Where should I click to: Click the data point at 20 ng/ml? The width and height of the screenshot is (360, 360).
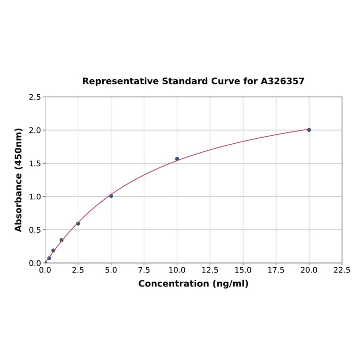pos(309,130)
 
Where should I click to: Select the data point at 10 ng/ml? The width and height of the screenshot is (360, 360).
pos(177,159)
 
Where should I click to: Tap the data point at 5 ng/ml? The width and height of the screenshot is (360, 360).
pos(111,196)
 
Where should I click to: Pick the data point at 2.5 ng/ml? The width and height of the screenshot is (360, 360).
pos(78,223)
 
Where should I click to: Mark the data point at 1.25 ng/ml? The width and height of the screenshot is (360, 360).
pos(61,240)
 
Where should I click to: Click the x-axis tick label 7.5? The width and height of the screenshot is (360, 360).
pos(144,270)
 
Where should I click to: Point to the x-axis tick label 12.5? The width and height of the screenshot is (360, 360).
pos(210,270)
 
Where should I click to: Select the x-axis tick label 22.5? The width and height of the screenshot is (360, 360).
pos(342,270)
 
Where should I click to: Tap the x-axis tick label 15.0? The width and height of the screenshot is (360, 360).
pos(243,270)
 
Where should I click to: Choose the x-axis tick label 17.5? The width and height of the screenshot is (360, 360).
pos(276,270)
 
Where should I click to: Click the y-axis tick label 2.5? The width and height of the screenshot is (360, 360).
pos(35,97)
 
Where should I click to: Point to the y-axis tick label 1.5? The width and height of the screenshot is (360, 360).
pos(35,164)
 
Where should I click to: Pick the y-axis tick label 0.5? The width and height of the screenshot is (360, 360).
pos(35,230)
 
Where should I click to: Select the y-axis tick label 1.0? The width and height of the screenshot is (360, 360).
pos(35,196)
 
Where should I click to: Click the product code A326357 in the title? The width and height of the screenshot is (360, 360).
pos(283,81)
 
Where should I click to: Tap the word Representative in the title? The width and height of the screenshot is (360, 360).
pos(121,81)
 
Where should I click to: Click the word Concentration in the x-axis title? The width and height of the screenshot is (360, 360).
pos(173,284)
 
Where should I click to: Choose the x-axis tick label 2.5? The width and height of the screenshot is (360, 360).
pos(78,270)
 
